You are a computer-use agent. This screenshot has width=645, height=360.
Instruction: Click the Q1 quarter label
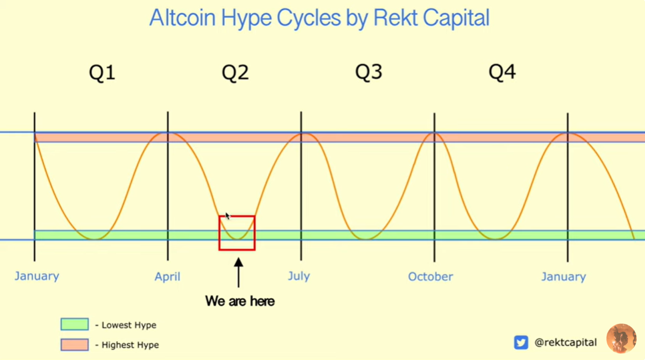click(x=102, y=73)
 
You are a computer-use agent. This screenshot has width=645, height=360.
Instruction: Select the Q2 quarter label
click(x=235, y=73)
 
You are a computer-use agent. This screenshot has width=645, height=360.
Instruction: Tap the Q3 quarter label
click(x=369, y=72)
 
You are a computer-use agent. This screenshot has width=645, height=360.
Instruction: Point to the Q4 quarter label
click(x=502, y=72)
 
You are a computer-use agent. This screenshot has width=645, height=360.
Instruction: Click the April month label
click(x=167, y=276)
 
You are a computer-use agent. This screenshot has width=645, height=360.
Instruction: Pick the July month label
click(x=298, y=276)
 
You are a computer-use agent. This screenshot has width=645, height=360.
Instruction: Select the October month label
click(x=430, y=276)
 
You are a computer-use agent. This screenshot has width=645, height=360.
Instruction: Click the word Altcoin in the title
click(x=182, y=18)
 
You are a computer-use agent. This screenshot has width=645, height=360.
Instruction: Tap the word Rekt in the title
click(x=396, y=18)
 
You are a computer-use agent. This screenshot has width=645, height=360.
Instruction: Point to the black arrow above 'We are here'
click(x=239, y=273)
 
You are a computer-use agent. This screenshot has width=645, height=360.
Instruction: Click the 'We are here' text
click(x=240, y=301)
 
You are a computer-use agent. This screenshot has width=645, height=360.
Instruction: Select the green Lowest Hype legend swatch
click(x=74, y=324)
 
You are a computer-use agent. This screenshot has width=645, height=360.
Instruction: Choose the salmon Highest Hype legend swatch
click(x=74, y=345)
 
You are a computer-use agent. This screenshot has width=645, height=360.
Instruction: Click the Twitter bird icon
click(x=521, y=342)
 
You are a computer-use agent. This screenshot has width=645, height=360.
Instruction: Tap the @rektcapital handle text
click(x=565, y=342)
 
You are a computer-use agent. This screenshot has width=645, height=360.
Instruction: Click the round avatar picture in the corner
click(x=621, y=338)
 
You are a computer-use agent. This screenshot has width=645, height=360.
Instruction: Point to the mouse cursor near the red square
click(x=228, y=216)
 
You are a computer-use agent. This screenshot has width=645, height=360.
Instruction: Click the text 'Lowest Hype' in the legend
click(x=129, y=325)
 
